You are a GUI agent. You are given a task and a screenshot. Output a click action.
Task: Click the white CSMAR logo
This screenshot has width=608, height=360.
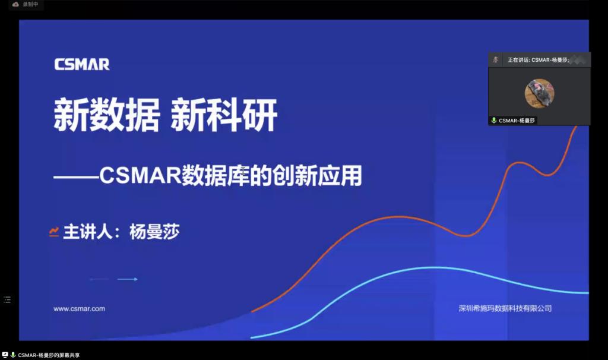pos(82,64)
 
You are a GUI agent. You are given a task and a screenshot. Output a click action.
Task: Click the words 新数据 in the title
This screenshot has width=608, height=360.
pos(107,115)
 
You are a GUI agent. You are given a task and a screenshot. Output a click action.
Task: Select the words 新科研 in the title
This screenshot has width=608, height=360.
pos(224,115)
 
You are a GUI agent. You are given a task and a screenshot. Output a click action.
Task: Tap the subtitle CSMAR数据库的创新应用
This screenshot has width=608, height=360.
pos(231,175)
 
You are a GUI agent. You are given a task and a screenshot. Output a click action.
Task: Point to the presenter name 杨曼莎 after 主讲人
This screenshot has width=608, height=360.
pos(154,232)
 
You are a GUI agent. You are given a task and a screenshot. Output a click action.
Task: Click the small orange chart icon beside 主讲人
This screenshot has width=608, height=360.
pos(54,232)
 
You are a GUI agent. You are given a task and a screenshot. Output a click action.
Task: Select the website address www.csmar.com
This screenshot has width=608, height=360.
pos(79,309)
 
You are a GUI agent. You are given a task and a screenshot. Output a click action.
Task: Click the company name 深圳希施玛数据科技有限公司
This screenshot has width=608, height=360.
pos(505,308)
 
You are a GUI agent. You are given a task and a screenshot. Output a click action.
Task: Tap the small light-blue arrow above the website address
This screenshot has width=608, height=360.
pos(127,279)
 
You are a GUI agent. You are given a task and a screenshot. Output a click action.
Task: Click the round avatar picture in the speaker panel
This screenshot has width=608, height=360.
pos(539,93)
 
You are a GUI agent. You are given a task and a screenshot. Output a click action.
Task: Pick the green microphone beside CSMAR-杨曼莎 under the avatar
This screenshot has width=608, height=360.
pos(493,120)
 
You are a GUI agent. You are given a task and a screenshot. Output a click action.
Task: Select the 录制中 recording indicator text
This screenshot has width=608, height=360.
pos(31,4)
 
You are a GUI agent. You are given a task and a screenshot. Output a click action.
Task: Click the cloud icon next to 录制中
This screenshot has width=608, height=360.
pos(15,4)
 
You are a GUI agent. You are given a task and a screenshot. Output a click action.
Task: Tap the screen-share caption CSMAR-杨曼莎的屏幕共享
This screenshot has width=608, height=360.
pos(49,355)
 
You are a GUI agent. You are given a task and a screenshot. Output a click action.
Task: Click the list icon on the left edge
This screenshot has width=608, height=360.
pos(7,299)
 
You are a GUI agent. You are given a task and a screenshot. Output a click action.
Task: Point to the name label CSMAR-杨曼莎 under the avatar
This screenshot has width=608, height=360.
pos(517,121)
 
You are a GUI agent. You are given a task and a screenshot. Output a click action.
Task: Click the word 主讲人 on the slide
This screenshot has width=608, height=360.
pos(88,232)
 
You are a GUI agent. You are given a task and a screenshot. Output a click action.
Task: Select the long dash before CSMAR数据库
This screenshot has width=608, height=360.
pos(77,177)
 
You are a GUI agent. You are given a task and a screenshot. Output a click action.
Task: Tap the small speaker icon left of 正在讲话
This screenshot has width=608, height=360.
pos(496,60)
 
